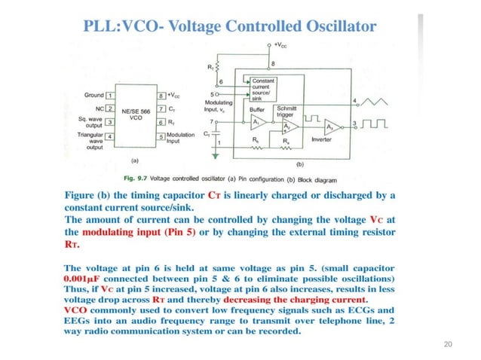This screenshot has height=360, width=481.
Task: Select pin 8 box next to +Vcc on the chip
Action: point(161,96)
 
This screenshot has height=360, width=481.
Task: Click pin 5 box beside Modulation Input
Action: point(161,136)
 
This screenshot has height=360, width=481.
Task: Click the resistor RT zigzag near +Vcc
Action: point(218,66)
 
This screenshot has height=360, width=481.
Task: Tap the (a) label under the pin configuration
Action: point(135,161)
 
